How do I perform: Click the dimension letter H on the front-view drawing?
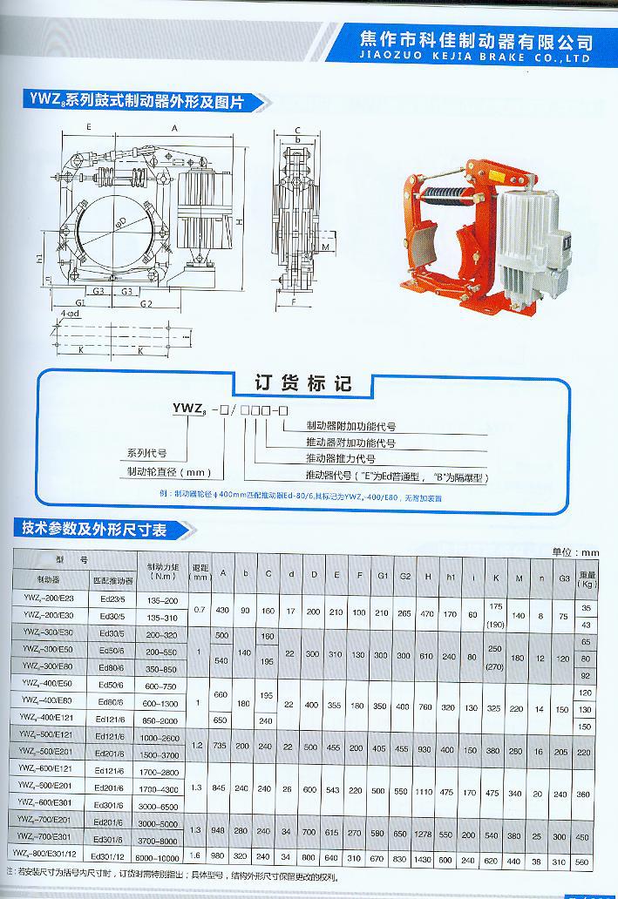238,222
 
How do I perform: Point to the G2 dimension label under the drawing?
146,303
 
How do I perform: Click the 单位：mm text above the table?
576,552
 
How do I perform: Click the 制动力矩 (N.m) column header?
162,571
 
